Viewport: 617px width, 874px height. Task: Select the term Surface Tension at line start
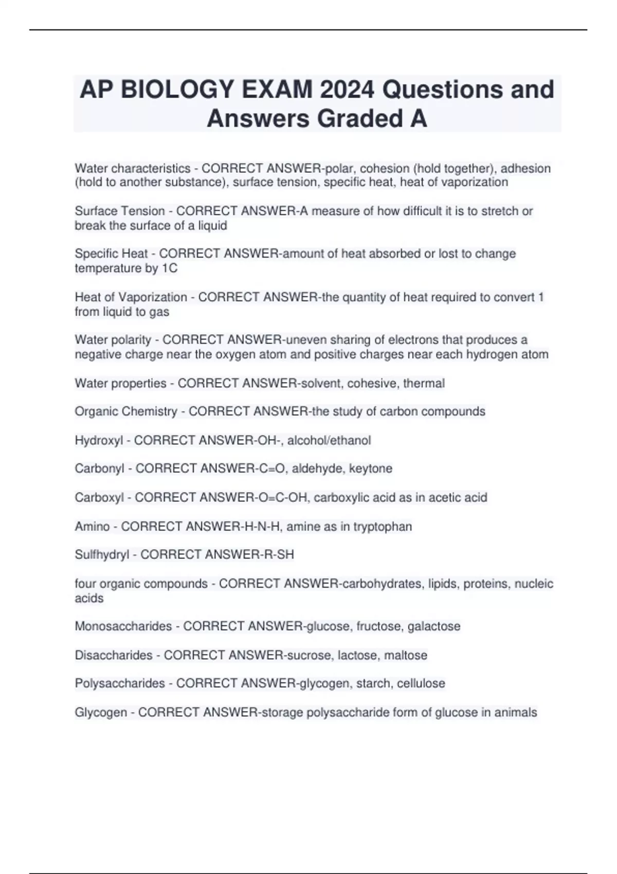(120, 211)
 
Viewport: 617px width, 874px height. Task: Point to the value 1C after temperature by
(169, 268)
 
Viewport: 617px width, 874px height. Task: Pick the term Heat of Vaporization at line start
(131, 297)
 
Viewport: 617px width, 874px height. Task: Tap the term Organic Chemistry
(125, 411)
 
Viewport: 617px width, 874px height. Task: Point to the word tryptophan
(383, 526)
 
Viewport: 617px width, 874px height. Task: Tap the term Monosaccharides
(123, 626)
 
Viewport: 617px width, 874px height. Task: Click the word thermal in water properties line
(424, 383)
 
